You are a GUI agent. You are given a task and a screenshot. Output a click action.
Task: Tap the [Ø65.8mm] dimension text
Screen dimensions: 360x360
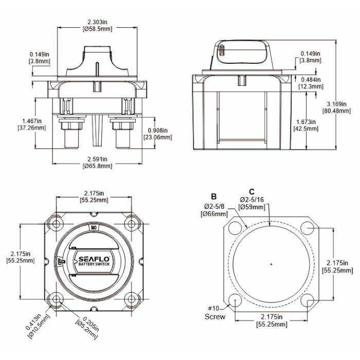[97, 166]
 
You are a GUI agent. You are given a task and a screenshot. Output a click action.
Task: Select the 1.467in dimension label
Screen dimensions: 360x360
[32, 121]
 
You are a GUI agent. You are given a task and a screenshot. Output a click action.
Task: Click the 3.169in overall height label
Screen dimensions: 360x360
[337, 103]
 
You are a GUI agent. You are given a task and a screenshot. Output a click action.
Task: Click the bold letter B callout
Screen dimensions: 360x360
[213, 196]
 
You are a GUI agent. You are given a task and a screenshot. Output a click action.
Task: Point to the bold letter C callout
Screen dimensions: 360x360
[251, 191]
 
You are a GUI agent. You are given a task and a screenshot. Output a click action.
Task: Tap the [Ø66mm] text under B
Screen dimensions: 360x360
[213, 213]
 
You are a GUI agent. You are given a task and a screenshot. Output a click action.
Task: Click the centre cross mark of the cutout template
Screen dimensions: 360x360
[271, 264]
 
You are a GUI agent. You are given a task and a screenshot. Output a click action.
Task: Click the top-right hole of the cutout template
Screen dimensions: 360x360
[308, 227]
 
